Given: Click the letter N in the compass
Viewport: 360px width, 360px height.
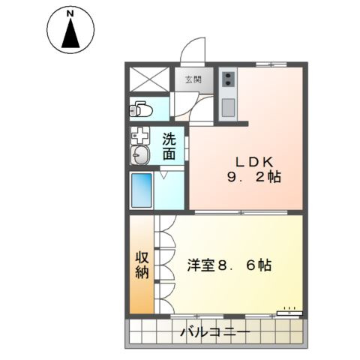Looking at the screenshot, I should coord(70,13).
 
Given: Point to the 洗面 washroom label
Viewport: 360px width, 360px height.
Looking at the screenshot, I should coord(170,145).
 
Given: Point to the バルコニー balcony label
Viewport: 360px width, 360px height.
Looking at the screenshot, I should coord(214,331).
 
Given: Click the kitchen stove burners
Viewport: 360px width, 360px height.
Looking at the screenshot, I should coord(229,78).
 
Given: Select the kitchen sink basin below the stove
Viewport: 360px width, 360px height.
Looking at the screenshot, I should coord(229,103).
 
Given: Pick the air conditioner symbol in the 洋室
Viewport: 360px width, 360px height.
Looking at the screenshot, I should coord(289,310).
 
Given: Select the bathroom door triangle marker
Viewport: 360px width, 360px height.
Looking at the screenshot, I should coord(164,176).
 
